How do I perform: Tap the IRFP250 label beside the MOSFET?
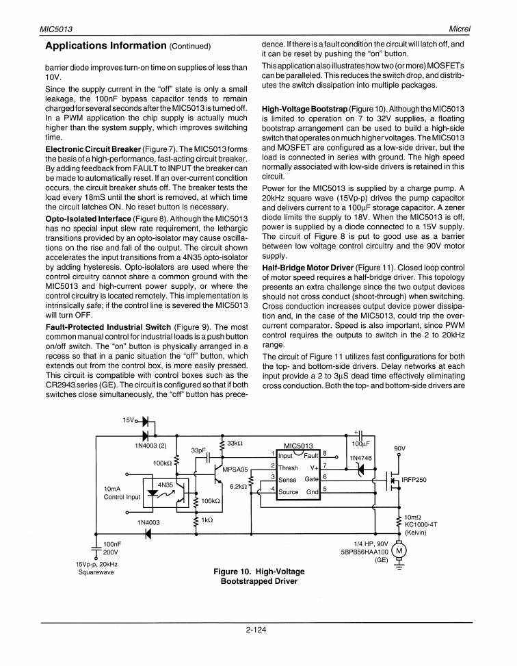[414, 480]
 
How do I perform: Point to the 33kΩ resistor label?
[236, 444]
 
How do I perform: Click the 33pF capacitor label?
[198, 450]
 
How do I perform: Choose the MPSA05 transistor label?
[234, 470]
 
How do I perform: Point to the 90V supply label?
[401, 450]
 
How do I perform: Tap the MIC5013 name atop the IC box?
[298, 445]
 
